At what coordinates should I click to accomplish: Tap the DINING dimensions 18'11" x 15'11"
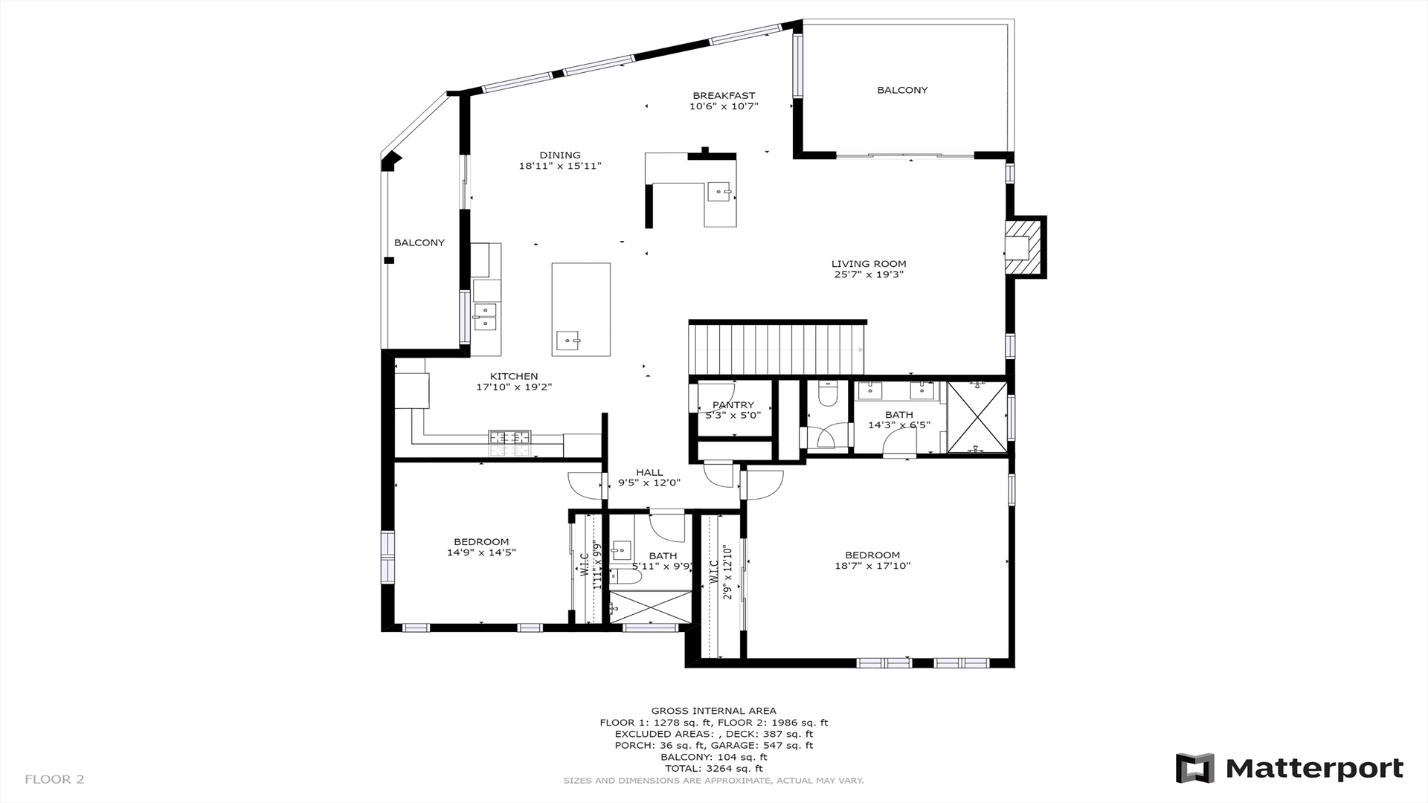click(x=560, y=166)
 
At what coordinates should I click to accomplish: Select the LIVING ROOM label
click(x=869, y=263)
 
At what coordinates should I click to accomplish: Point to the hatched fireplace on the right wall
click(x=1025, y=247)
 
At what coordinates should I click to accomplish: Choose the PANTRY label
click(x=733, y=404)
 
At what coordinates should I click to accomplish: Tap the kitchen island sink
click(x=568, y=341)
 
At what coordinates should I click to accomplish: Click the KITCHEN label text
click(x=514, y=376)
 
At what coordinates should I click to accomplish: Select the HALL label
click(x=649, y=472)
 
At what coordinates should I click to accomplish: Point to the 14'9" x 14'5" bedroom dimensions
click(x=481, y=552)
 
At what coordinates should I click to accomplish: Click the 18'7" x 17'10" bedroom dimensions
click(x=872, y=566)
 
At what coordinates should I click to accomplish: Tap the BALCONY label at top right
click(x=902, y=90)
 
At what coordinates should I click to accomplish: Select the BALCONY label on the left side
click(x=419, y=242)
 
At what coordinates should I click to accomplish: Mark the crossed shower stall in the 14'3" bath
click(x=977, y=417)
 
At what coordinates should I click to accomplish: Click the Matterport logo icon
click(x=1194, y=768)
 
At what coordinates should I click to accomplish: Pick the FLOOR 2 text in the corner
click(x=54, y=779)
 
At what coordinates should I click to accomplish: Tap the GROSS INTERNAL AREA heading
click(x=714, y=711)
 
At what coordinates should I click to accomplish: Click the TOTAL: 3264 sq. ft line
click(x=714, y=768)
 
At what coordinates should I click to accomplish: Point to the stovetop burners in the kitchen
click(x=510, y=443)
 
